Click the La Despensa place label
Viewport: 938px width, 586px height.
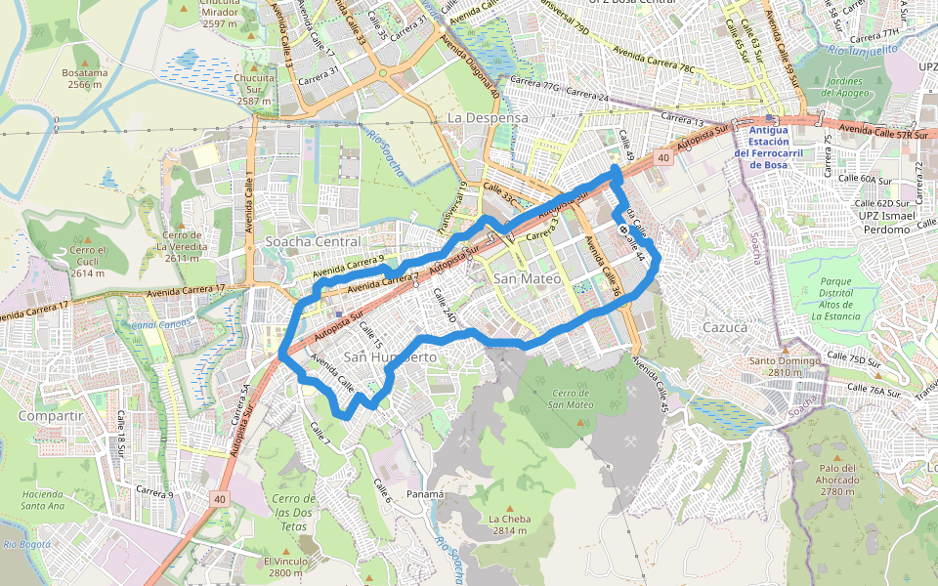click(487, 117)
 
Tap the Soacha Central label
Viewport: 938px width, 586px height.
click(306, 241)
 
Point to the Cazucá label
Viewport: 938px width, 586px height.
click(725, 327)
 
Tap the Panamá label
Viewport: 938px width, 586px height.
click(425, 494)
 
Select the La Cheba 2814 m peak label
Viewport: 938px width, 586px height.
click(509, 524)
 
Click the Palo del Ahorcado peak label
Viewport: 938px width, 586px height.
click(837, 480)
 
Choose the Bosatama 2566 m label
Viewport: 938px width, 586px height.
click(85, 79)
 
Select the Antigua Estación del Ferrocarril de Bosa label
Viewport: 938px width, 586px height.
click(773, 147)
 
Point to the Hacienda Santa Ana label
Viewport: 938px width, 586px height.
click(42, 500)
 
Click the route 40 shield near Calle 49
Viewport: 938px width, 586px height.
click(663, 157)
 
